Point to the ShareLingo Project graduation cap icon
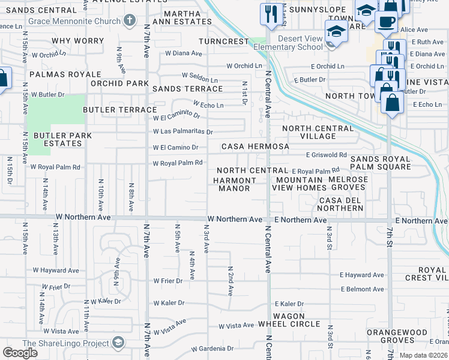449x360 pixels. click(x=118, y=343)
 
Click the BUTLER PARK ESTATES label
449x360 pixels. click(x=62, y=139)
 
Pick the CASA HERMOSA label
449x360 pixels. click(x=255, y=146)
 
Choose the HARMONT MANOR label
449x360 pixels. click(x=234, y=184)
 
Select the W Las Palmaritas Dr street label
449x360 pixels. click(x=182, y=131)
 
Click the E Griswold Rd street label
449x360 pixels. click(x=326, y=154)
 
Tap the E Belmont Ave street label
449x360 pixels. click(x=361, y=289)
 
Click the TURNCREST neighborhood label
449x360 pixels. click(x=224, y=41)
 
